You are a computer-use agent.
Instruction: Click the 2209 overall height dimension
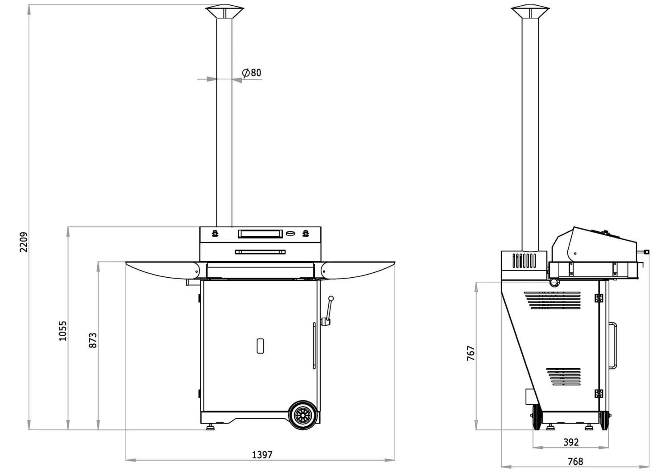(x=24, y=242)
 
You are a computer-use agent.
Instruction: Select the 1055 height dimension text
(x=62, y=331)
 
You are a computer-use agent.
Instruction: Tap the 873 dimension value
(x=93, y=340)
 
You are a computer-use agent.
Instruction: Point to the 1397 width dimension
(x=262, y=455)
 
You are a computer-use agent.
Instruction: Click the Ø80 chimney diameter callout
(x=252, y=73)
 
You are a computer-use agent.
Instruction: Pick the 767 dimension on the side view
(x=471, y=353)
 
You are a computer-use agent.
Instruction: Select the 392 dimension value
(x=571, y=442)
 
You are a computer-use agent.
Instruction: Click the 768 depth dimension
(x=575, y=461)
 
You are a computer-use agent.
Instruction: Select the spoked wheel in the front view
(x=304, y=415)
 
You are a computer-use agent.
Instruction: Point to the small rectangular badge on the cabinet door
(x=260, y=346)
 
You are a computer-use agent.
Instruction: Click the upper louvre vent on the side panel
(x=552, y=300)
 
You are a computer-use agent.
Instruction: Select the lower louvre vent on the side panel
(x=563, y=377)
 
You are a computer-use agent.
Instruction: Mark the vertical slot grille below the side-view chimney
(x=524, y=261)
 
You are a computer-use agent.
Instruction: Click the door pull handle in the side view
(x=614, y=345)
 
